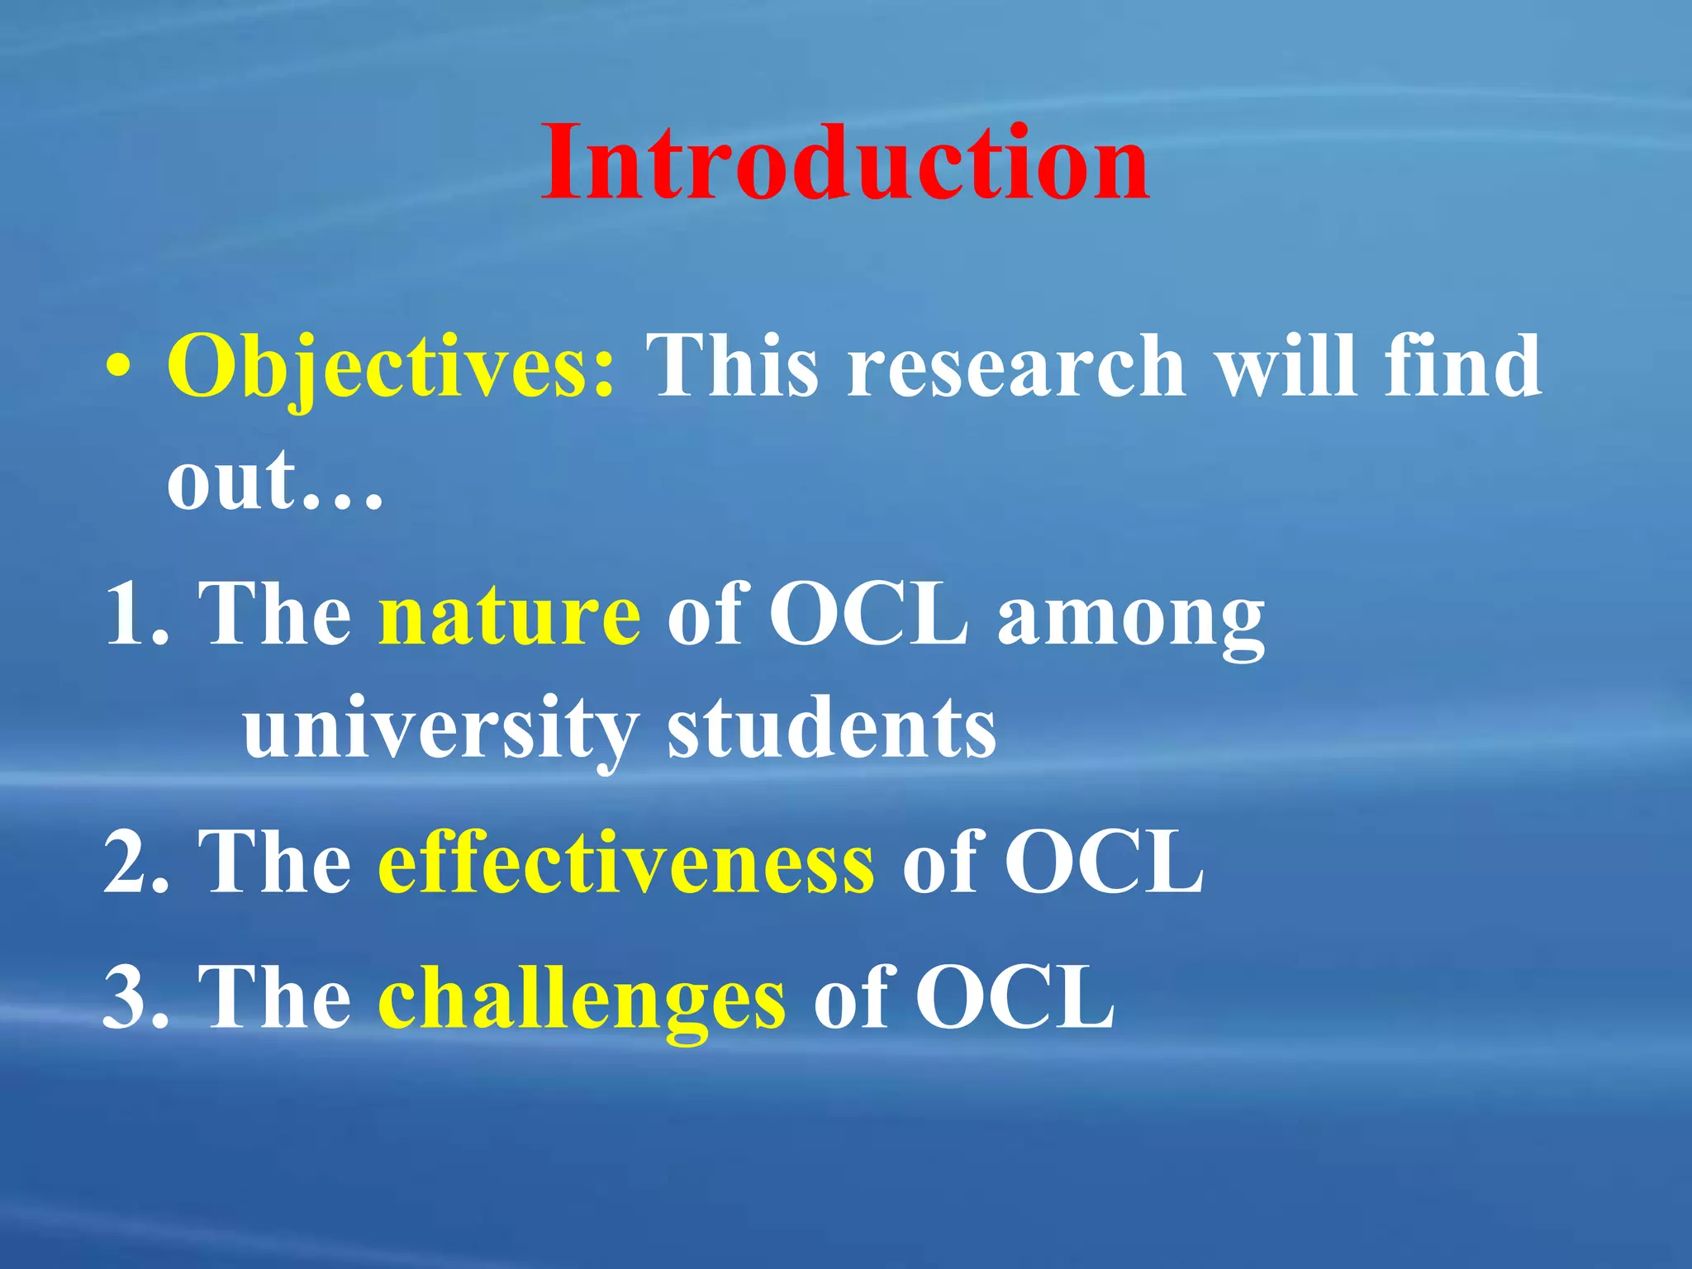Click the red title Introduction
[844, 163]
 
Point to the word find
[1462, 366]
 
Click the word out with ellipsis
[275, 482]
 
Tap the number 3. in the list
[136, 999]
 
